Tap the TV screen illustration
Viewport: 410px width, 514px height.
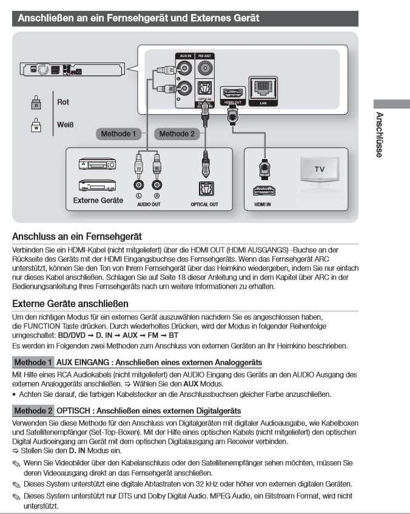[318, 169]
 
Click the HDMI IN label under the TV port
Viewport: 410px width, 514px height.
[263, 205]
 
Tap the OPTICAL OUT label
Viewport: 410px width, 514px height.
[204, 205]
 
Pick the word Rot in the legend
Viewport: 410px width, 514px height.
[63, 102]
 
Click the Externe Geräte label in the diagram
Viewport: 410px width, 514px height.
[98, 200]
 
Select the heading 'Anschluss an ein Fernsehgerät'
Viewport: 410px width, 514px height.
[76, 236]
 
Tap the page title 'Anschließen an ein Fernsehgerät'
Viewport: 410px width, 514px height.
[138, 18]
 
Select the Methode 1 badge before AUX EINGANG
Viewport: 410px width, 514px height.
[33, 362]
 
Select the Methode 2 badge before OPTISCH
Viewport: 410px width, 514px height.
[33, 411]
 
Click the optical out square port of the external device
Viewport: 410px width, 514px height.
[204, 188]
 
